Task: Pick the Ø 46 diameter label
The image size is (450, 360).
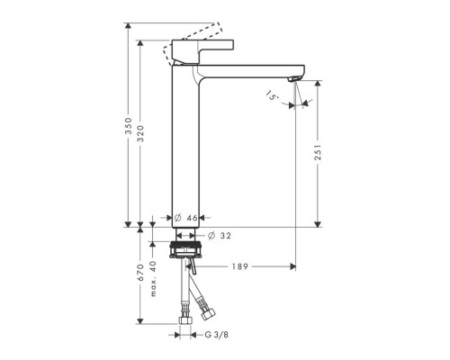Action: tap(185, 218)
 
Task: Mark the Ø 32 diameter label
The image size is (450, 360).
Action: tap(220, 235)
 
